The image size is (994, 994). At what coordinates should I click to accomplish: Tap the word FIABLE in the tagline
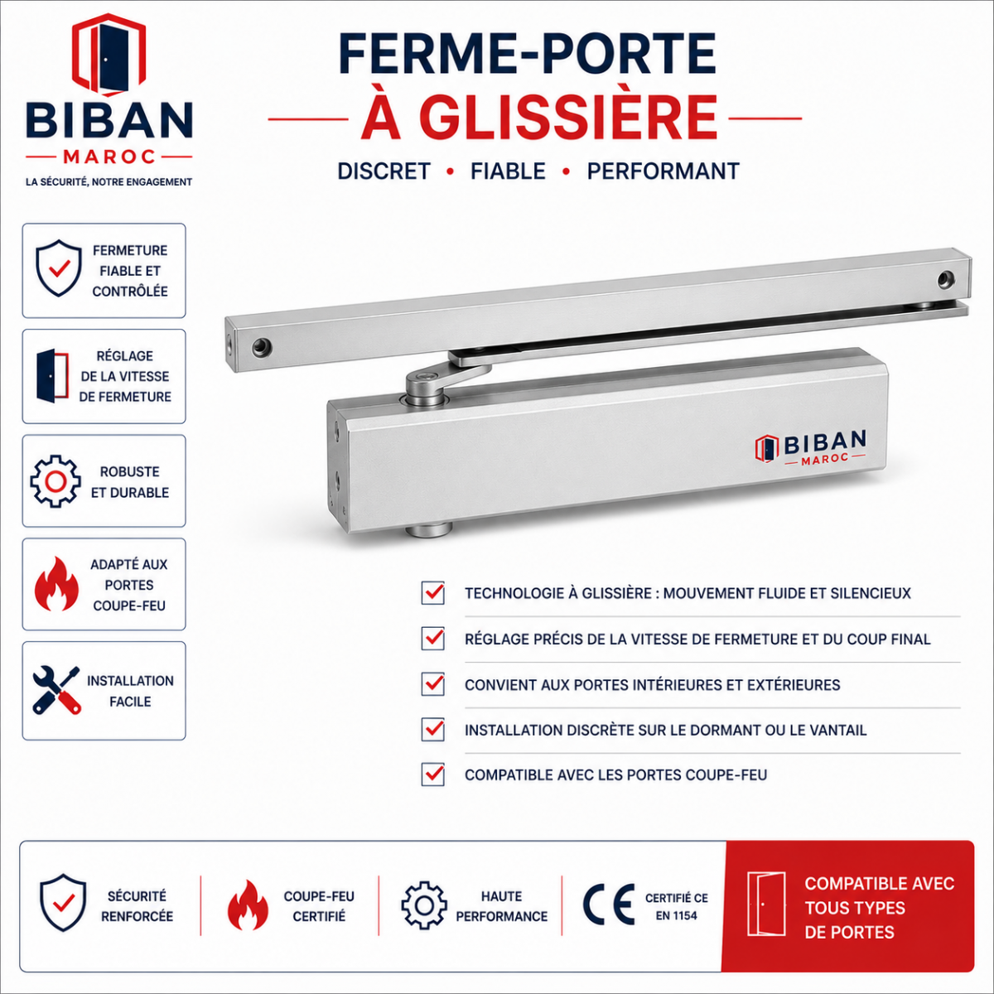[x=508, y=171]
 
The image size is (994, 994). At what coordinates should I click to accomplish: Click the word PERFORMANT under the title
[x=663, y=171]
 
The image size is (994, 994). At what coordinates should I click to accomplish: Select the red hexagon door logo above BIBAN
[x=109, y=55]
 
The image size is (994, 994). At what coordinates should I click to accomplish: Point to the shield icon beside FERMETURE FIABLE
[x=59, y=268]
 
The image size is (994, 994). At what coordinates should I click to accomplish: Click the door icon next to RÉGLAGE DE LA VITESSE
[x=52, y=376]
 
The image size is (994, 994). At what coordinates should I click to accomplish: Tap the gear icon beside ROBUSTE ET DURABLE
[x=55, y=481]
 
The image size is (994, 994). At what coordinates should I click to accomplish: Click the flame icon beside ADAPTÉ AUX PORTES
[x=56, y=584]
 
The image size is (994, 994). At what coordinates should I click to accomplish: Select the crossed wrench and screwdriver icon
[x=56, y=690]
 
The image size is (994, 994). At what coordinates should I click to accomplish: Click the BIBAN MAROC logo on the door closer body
[x=811, y=447]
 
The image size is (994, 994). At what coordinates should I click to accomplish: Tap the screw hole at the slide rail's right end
[x=945, y=279]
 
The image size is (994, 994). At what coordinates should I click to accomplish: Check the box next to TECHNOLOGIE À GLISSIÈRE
[x=432, y=593]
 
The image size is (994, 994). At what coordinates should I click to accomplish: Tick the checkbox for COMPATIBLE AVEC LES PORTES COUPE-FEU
[x=432, y=774]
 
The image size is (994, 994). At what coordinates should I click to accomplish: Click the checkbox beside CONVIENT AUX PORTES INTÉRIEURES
[x=432, y=684]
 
